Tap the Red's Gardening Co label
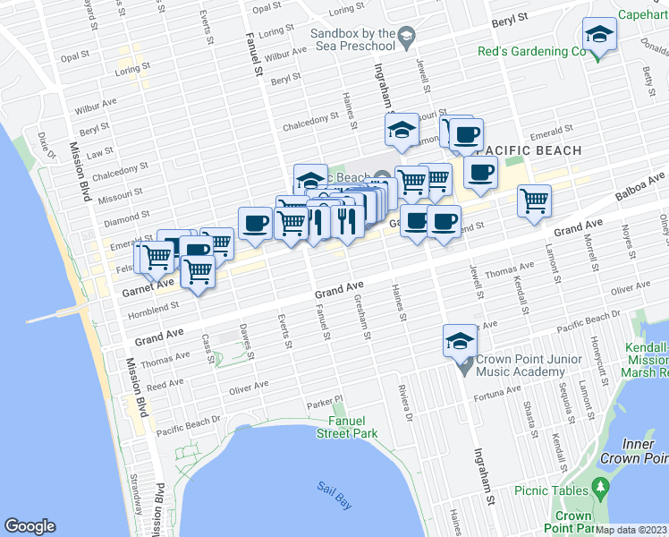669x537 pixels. [530, 51]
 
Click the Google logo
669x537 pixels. [30, 526]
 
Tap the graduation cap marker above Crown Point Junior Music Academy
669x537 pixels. [460, 341]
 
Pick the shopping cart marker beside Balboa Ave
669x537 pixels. [534, 200]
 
